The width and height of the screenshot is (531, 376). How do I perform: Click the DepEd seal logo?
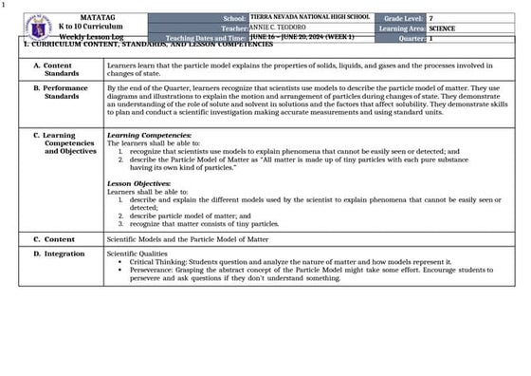pos(38,27)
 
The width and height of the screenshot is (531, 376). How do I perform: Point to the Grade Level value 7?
pos(431,18)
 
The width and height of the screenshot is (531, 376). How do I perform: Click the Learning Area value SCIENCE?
pos(442,28)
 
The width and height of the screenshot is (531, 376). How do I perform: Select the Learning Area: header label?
pos(401,28)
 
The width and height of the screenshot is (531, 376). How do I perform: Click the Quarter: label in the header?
pos(412,39)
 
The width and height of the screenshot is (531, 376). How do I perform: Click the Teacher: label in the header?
pos(232,28)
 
